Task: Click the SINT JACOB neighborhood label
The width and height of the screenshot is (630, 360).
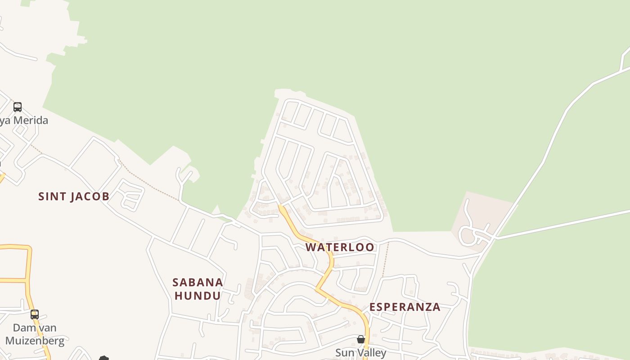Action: pyautogui.click(x=74, y=197)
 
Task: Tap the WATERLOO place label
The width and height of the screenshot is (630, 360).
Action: pyautogui.click(x=340, y=247)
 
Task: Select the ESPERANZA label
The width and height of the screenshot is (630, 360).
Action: pyautogui.click(x=405, y=307)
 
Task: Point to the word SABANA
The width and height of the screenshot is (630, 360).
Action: pyautogui.click(x=198, y=283)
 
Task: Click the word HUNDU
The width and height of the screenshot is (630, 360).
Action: pyautogui.click(x=198, y=296)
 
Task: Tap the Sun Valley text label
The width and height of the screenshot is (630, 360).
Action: pyautogui.click(x=360, y=353)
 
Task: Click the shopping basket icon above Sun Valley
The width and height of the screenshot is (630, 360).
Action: pyautogui.click(x=361, y=339)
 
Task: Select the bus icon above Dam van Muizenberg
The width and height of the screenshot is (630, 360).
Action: pyautogui.click(x=35, y=315)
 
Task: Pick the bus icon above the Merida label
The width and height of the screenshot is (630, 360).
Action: pyautogui.click(x=18, y=107)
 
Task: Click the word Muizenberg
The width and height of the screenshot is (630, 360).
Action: pyautogui.click(x=35, y=341)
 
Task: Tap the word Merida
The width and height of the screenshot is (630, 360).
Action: pyautogui.click(x=31, y=121)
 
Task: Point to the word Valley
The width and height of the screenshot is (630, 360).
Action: pyautogui.click(x=372, y=353)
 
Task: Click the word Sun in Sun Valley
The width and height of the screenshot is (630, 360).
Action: pyautogui.click(x=344, y=353)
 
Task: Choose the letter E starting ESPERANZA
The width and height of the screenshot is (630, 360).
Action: pyautogui.click(x=373, y=307)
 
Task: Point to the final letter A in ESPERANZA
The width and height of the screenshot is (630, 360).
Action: pyautogui.click(x=436, y=307)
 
